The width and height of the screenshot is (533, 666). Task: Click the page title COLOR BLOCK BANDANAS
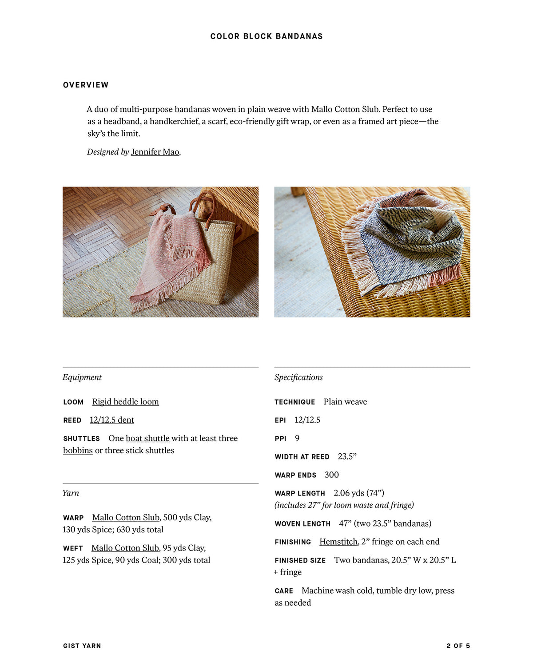coord(266,36)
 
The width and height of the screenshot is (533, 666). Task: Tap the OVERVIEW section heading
coord(86,85)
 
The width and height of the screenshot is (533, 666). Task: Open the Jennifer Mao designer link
coord(155,152)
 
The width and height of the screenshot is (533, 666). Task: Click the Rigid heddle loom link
coord(125,402)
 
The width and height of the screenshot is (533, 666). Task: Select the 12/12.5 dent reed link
coord(112,420)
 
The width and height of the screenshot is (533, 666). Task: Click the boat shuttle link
coord(147,438)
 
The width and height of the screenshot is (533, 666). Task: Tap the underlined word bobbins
coord(78,450)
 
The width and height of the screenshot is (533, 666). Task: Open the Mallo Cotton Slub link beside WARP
coord(126,518)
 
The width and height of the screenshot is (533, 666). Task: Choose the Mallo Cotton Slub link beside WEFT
coord(125,548)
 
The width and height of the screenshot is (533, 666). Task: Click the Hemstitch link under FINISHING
coord(338,542)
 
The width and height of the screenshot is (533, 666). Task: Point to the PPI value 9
coord(297,438)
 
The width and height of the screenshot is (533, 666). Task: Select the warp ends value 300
coord(331,475)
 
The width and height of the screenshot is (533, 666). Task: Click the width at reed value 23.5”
coord(347,456)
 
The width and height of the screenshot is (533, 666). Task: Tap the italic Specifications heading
coord(298,377)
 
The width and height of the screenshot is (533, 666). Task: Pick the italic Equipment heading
coord(82,377)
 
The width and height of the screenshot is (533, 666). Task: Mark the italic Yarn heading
coord(71,493)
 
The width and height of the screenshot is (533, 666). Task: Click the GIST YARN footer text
coord(82,646)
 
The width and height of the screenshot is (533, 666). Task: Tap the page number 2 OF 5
coord(458,646)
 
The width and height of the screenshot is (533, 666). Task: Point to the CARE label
coord(284,591)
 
